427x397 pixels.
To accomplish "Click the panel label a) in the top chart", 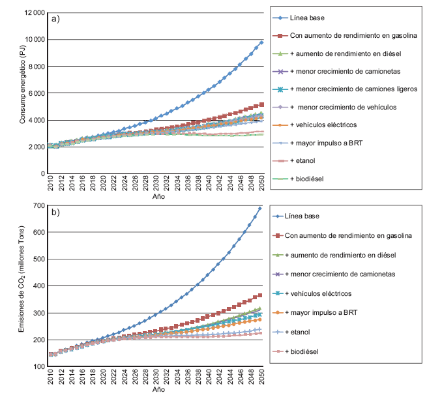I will point(56,18).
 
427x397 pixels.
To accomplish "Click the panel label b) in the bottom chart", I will point(56,212).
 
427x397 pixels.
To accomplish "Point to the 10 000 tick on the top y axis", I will point(34,40).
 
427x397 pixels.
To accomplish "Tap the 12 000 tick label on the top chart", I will point(34,13).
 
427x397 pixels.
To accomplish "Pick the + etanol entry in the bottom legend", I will point(302,332).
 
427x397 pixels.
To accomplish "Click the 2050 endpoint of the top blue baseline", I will point(261,42).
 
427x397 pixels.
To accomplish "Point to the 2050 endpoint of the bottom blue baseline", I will point(261,209).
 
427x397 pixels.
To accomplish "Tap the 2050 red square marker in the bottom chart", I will point(261,295).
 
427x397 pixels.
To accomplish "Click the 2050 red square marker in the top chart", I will point(261,104).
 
